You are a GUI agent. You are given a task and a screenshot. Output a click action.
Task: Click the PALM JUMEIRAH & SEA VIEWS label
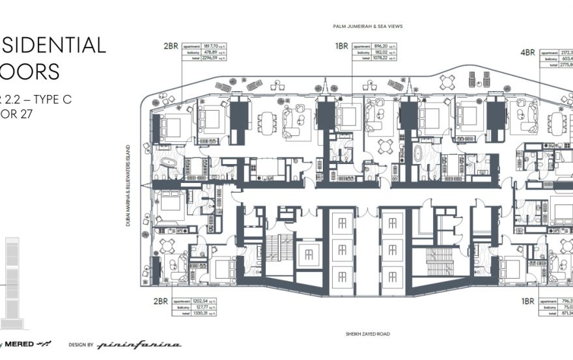click(367, 27)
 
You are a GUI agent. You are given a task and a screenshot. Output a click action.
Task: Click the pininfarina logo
click(139, 344)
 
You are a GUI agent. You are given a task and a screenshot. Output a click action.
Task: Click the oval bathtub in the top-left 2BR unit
click(169, 163)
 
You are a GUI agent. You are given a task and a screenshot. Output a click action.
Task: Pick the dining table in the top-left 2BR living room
click(267, 122)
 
